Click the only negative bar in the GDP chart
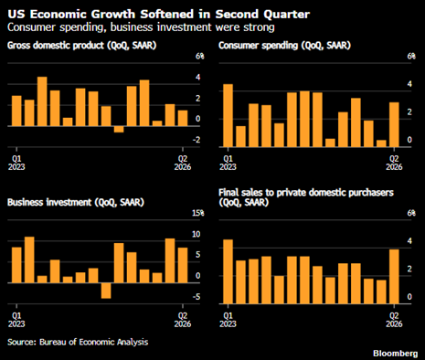pyautogui.click(x=119, y=129)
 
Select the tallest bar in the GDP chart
pyautogui.click(x=42, y=101)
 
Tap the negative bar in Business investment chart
pyautogui.click(x=106, y=291)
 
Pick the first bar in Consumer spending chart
pyautogui.click(x=228, y=116)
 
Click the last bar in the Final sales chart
pyautogui.click(x=394, y=277)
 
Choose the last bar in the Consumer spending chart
pyautogui.click(x=394, y=125)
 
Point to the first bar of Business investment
pyautogui.click(x=16, y=265)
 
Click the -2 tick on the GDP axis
pyautogui.click(x=197, y=140)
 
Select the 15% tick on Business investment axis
pyautogui.click(x=198, y=213)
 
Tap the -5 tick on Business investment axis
pyautogui.click(x=197, y=297)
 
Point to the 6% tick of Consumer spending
pyautogui.click(x=411, y=57)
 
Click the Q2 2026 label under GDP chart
pyautogui.click(x=183, y=163)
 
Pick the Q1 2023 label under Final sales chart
pyautogui.click(x=228, y=320)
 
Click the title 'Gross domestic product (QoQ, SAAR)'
pyautogui.click(x=81, y=46)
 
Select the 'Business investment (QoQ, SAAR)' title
pyautogui.click(x=76, y=203)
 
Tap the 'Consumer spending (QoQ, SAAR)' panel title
pyautogui.click(x=284, y=46)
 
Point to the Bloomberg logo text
pyautogui.click(x=396, y=354)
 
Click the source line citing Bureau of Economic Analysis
pyautogui.click(x=78, y=342)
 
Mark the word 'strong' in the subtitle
pyautogui.click(x=259, y=27)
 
